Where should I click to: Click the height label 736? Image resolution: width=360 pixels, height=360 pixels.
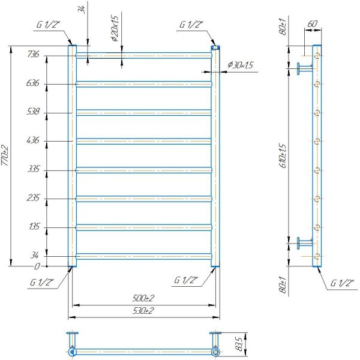(33, 54)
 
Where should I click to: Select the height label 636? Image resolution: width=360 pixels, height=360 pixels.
(33, 83)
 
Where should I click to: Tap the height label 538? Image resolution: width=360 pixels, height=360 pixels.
(33, 112)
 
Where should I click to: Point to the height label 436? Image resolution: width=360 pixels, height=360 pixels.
(33, 140)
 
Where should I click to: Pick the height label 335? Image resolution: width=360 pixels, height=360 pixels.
(34, 169)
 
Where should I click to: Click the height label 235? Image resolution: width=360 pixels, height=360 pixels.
(33, 197)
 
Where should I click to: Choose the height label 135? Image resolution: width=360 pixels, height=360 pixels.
(34, 227)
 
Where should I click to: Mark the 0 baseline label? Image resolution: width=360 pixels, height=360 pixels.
(37, 266)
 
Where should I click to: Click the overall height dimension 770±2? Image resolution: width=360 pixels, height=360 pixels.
(5, 155)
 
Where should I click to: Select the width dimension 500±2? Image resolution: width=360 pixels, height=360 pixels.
(143, 298)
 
